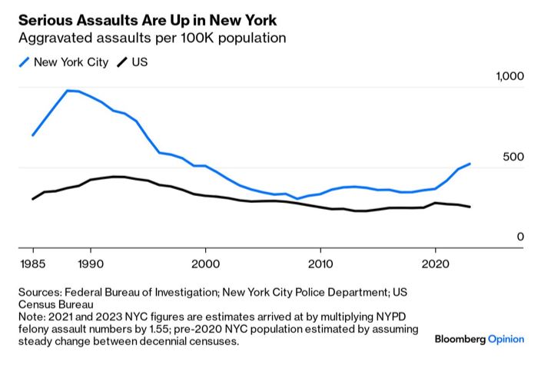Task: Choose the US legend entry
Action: click(x=133, y=61)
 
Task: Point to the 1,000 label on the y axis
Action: click(x=509, y=77)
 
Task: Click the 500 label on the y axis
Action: click(x=514, y=157)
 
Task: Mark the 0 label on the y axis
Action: click(x=520, y=237)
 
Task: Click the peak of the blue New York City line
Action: click(x=68, y=91)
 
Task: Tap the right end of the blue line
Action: click(x=470, y=164)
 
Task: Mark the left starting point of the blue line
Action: click(x=32, y=135)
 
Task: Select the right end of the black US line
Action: click(x=470, y=207)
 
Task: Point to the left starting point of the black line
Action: click(x=32, y=199)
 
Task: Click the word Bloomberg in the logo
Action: click(x=460, y=339)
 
